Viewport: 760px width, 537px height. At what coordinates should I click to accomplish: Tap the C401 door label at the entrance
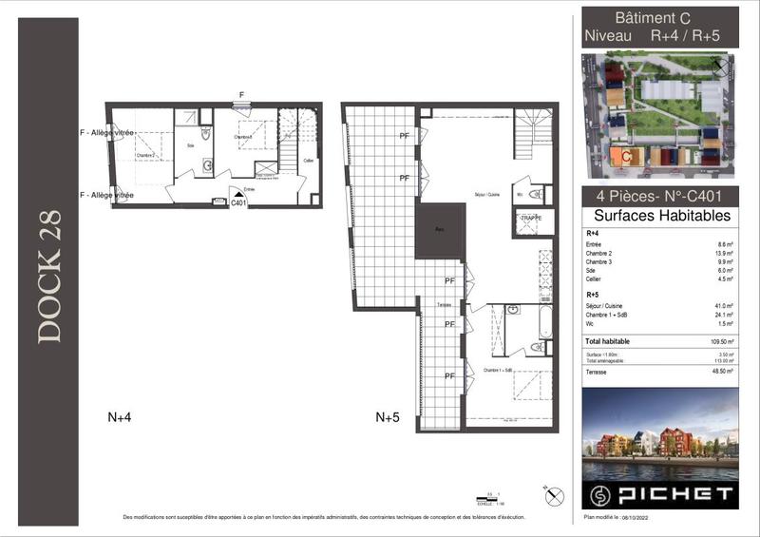coord(237,202)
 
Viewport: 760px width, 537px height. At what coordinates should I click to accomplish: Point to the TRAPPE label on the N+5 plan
coord(530,219)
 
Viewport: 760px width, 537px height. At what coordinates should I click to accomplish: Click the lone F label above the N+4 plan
coord(241,95)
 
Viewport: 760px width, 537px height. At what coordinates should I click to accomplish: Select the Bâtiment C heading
coord(658,17)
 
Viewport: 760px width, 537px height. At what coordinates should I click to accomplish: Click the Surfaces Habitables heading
coord(659,216)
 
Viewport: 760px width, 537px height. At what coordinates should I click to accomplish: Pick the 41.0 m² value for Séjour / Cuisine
coord(724,306)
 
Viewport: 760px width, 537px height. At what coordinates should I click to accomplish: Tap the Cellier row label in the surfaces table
coord(595,279)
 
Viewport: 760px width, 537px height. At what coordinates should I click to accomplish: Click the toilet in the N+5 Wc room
coord(535,195)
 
